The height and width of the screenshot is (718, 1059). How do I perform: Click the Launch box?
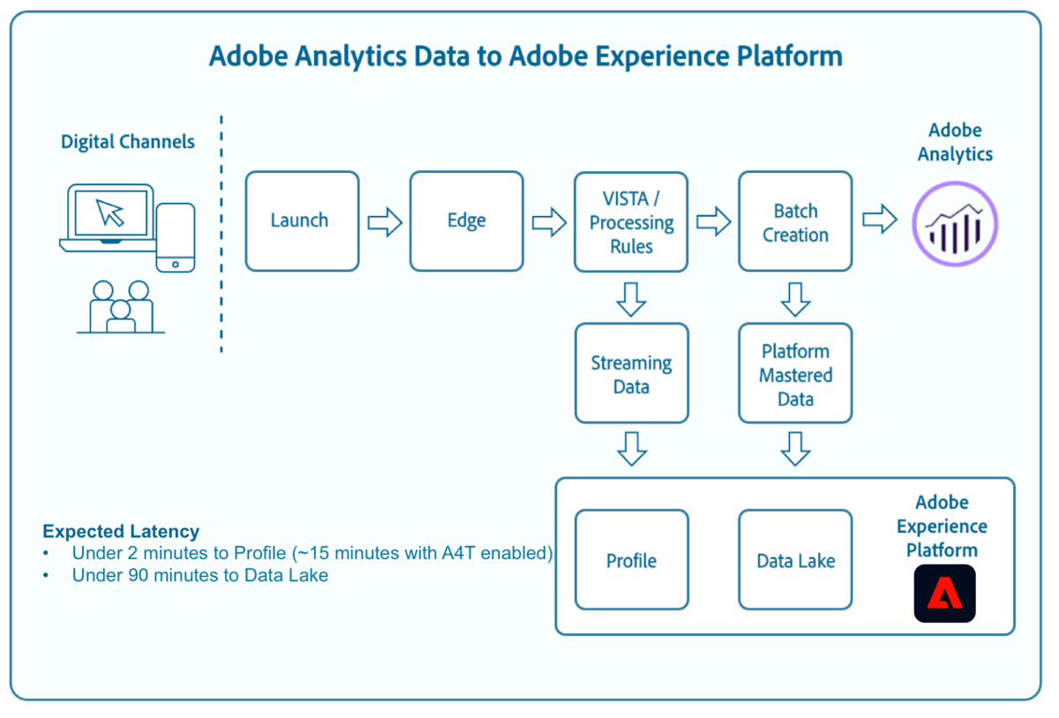point(302,221)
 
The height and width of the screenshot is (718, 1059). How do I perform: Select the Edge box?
point(466,221)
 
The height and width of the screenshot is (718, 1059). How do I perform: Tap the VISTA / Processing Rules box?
point(631,222)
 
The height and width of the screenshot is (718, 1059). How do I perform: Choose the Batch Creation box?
point(795,222)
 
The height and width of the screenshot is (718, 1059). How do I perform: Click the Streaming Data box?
point(631,374)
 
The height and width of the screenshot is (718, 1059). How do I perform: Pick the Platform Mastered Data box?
point(795,374)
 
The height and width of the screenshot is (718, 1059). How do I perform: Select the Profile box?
point(631,560)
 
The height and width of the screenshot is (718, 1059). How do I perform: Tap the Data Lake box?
point(795,560)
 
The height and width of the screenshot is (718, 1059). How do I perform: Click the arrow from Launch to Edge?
point(385,222)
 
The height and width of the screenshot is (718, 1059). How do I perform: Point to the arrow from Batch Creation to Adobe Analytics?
point(879,220)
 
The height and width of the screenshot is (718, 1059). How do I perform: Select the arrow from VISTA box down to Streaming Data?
point(631,299)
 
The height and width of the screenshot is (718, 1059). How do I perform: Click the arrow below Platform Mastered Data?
point(795,448)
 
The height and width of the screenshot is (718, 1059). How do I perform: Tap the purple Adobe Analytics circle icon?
point(954,224)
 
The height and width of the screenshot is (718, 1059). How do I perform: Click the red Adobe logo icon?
point(944,594)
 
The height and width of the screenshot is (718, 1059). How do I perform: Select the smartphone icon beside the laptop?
point(175,237)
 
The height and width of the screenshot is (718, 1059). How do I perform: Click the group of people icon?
point(121,308)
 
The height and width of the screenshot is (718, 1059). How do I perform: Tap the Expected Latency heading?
point(121,532)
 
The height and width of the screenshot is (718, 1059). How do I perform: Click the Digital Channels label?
point(128,142)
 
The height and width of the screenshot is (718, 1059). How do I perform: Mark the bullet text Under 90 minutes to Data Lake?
point(200,576)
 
